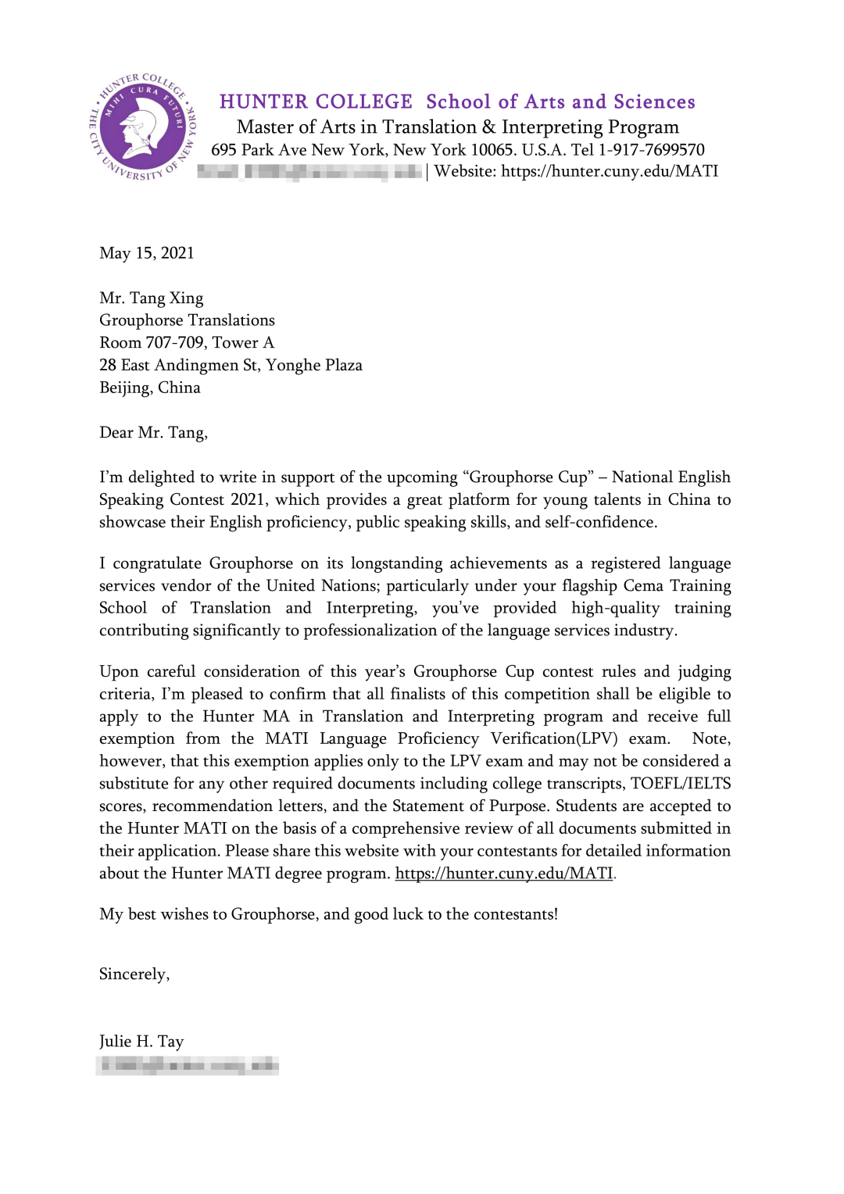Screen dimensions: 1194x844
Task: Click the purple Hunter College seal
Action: pyautogui.click(x=143, y=127)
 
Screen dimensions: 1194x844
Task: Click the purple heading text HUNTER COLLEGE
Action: pyautogui.click(x=316, y=102)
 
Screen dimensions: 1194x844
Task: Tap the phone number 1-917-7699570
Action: pyautogui.click(x=651, y=150)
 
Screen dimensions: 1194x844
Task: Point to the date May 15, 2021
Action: pyautogui.click(x=147, y=253)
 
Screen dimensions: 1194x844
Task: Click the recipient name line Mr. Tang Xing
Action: pyautogui.click(x=152, y=298)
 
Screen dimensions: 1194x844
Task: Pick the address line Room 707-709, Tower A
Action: pyautogui.click(x=187, y=343)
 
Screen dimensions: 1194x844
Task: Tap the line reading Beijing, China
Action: pyautogui.click(x=150, y=388)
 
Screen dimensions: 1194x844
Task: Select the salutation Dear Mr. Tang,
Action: pyautogui.click(x=153, y=433)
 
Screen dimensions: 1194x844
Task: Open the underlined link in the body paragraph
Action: pyautogui.click(x=504, y=874)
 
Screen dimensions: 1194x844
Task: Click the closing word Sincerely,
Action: pyautogui.click(x=134, y=974)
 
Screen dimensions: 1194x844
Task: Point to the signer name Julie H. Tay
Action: pyautogui.click(x=141, y=1042)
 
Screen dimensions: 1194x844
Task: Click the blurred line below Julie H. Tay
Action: pyautogui.click(x=188, y=1065)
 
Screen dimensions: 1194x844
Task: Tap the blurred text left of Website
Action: pyautogui.click(x=309, y=172)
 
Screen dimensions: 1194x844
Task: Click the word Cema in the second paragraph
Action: pyautogui.click(x=643, y=586)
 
